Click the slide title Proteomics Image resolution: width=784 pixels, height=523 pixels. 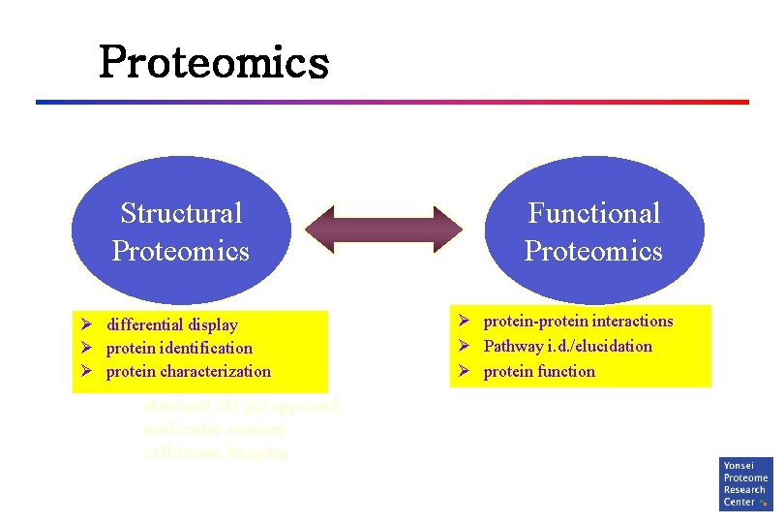click(x=214, y=63)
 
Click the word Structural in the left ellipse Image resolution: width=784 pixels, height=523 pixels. click(x=181, y=213)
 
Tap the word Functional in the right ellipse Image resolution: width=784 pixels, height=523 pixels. click(x=593, y=213)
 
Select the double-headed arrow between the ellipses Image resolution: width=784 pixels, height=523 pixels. click(x=384, y=231)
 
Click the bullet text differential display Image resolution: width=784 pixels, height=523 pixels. click(x=171, y=324)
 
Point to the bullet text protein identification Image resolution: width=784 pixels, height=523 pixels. click(x=179, y=348)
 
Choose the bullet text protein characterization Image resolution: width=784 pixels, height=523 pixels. click(x=189, y=371)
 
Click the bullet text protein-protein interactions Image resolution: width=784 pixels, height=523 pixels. click(x=578, y=322)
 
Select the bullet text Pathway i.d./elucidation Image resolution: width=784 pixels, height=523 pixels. click(x=568, y=346)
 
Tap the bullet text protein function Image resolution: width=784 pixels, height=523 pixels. click(x=539, y=371)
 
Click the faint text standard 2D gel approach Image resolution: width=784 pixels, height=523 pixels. click(x=242, y=406)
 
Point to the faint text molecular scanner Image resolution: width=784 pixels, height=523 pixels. click(x=214, y=429)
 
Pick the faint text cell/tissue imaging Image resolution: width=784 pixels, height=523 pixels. click(x=216, y=452)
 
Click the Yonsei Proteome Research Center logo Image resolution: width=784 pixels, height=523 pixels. click(x=745, y=484)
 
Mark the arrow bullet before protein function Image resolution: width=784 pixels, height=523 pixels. click(x=465, y=371)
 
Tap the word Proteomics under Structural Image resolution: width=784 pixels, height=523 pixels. click(x=181, y=252)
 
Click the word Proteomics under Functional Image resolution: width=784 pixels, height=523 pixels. click(x=593, y=252)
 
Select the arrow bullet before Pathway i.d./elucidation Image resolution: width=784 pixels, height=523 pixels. click(x=465, y=346)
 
